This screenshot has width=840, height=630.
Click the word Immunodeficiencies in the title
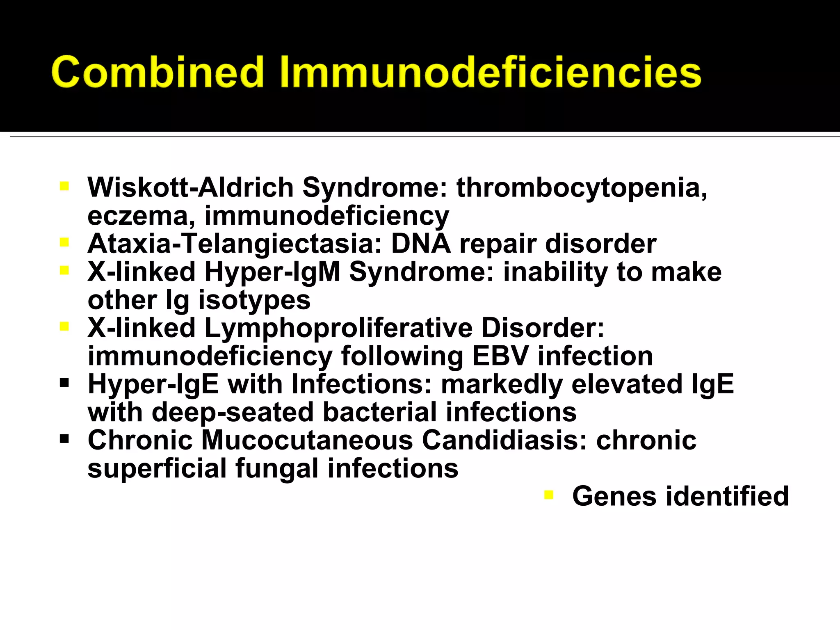click(x=491, y=72)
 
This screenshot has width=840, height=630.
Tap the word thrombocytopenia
click(x=582, y=188)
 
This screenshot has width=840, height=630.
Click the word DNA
click(x=421, y=244)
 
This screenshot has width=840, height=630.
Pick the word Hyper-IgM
click(x=272, y=272)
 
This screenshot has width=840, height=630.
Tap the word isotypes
click(x=254, y=300)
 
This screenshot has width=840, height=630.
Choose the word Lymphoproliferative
click(x=338, y=328)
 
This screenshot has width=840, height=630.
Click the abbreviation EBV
click(x=500, y=356)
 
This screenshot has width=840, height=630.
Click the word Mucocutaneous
click(x=307, y=441)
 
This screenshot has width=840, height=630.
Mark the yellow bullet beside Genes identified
click(x=548, y=495)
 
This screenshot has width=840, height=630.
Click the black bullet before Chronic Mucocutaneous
click(x=64, y=439)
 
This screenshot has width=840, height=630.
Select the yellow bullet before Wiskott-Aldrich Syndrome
click(x=64, y=187)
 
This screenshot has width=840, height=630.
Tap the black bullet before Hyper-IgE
click(x=64, y=383)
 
